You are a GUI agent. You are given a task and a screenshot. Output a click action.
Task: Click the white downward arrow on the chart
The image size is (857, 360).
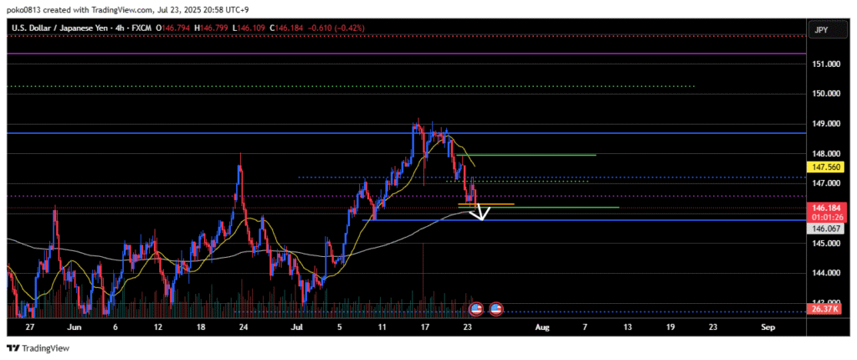pos(479,214)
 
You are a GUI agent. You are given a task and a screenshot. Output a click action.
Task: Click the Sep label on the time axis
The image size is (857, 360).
pos(768,327)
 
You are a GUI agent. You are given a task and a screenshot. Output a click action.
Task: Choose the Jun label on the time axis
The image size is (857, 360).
pos(71,327)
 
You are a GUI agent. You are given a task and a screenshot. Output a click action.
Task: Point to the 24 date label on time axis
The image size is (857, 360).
pos(243,327)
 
